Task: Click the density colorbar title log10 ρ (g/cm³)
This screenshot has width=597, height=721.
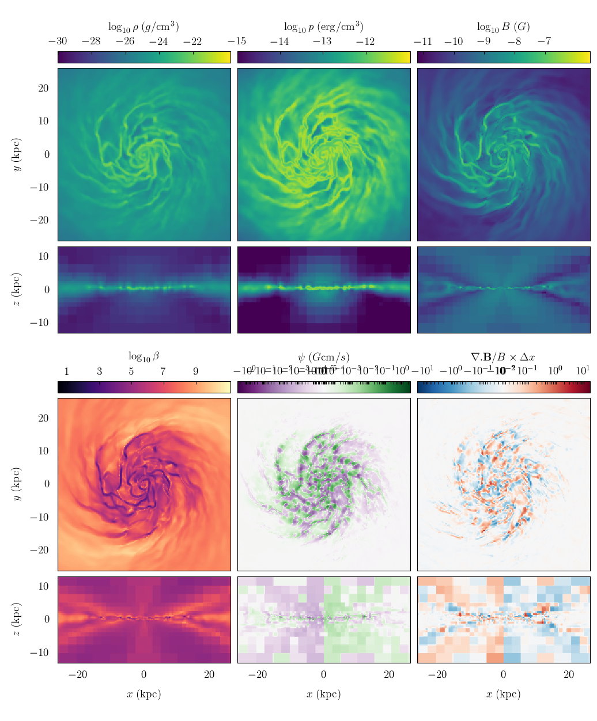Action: [143, 26]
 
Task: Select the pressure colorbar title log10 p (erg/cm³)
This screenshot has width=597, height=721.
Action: [323, 26]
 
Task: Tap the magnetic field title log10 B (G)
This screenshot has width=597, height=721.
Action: [503, 26]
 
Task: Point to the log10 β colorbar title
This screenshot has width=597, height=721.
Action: [143, 356]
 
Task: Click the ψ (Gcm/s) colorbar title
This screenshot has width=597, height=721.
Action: [323, 357]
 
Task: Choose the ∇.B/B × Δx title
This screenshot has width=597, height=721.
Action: [503, 357]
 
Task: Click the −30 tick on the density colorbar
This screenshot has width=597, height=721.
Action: [58, 41]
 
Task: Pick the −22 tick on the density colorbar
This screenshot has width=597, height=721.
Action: [192, 41]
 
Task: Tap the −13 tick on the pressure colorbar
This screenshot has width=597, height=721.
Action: [322, 41]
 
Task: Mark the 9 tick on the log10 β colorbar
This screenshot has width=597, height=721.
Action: [195, 371]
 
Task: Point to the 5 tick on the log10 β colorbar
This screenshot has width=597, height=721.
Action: [131, 371]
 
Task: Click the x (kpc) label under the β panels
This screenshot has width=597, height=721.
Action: [143, 694]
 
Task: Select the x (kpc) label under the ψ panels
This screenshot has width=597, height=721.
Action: [323, 694]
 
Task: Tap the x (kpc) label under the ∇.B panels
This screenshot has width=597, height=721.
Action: [503, 694]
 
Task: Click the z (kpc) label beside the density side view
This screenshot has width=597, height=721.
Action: [17, 290]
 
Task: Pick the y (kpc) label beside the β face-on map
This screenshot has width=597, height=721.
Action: [17, 484]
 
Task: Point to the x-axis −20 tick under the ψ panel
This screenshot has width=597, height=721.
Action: [258, 675]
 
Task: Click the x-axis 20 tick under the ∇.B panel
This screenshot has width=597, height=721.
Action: [569, 675]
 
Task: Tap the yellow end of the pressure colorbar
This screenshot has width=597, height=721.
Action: [406, 57]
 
